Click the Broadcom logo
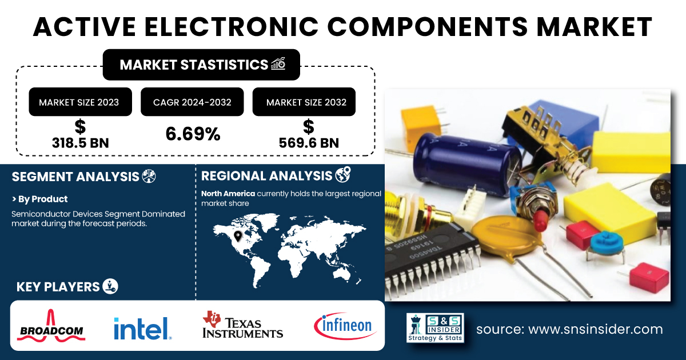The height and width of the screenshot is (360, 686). (51, 326)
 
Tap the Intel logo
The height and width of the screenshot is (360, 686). (143, 328)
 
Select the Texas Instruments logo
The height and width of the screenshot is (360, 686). (242, 325)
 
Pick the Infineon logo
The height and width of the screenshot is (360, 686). (345, 326)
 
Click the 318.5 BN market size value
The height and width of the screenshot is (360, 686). (80, 143)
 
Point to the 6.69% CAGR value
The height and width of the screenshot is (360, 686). (193, 134)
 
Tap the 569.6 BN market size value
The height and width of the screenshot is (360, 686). (309, 143)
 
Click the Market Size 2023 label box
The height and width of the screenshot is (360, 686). (80, 102)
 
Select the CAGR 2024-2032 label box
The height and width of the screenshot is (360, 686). (192, 102)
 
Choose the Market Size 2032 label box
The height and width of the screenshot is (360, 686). (304, 102)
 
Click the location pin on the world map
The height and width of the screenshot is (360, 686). (238, 236)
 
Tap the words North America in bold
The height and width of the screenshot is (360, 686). (228, 194)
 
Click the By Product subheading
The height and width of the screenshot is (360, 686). (39, 199)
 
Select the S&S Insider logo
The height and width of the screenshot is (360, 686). (435, 327)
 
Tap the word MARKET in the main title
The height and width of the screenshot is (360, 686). (594, 27)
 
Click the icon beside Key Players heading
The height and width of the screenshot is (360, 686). (110, 286)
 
